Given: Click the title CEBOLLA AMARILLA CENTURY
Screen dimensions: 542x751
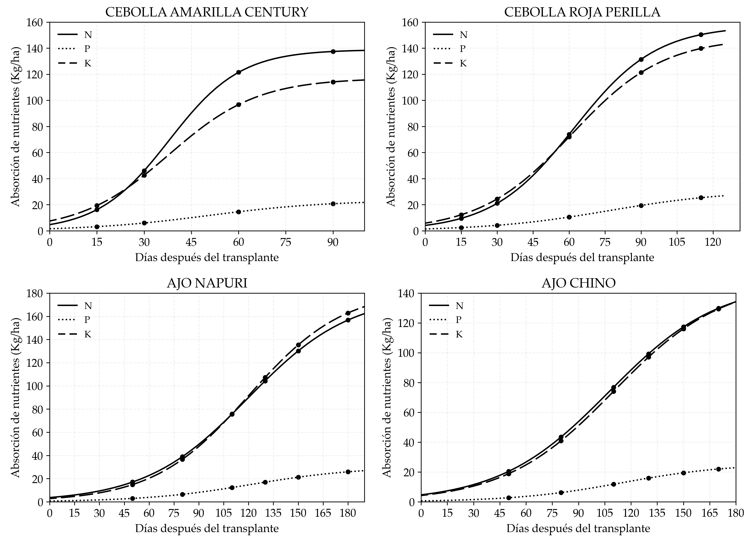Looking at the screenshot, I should coord(207,12).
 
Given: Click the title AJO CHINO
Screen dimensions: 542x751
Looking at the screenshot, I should coord(578,283).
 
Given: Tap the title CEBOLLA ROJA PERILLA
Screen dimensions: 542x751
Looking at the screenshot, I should coord(582,12).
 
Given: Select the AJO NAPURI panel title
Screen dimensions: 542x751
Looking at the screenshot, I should coord(207,283).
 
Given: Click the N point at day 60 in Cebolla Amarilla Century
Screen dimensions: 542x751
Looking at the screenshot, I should coord(239,72).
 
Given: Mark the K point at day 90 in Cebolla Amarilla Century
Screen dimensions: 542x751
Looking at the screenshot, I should coord(333,82).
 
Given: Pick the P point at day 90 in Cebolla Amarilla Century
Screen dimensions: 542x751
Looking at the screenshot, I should coord(333,204).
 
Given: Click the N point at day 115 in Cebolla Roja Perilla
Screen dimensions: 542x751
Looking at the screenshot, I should coord(701,35).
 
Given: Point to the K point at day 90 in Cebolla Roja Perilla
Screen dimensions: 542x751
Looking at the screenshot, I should coord(641,72).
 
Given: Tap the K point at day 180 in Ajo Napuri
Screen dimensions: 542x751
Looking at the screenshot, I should coord(348,313).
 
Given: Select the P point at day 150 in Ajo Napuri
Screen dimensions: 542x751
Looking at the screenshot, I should coord(298,477).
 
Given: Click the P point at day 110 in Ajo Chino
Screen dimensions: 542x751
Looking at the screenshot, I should coord(614,484).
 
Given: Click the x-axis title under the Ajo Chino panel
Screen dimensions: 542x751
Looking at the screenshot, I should coord(578,528).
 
